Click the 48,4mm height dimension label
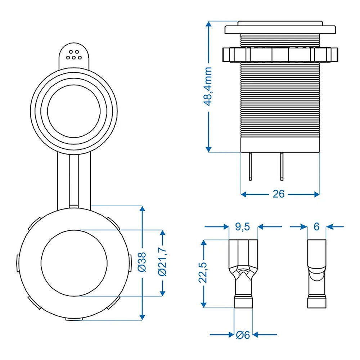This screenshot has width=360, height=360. pos(208,87)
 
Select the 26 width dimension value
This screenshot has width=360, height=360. pos(278,194)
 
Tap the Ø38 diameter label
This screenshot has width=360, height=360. pos(143,262)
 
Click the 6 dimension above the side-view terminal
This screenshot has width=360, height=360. pos(316,226)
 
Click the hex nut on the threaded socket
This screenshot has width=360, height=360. pos(280,54)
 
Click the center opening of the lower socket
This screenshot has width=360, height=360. pos(74,263)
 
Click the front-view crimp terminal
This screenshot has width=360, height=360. pos(243,274)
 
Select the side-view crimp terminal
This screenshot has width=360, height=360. pos(317,274)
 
